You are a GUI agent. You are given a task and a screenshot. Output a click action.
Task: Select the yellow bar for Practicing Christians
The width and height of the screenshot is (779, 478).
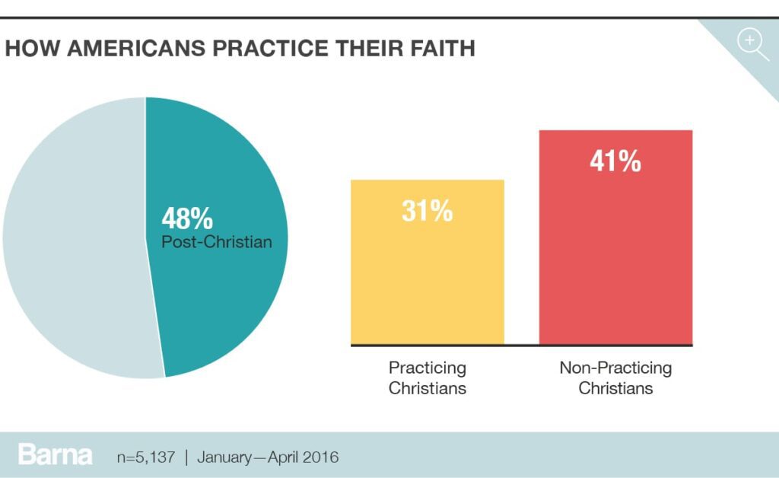(x=427, y=282)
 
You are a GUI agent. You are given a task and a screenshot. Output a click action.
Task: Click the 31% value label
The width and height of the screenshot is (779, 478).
(x=427, y=211)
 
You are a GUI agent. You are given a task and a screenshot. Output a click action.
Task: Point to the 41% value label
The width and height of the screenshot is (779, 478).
(x=615, y=161)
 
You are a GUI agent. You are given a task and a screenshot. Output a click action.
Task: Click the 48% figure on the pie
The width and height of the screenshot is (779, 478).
(x=187, y=219)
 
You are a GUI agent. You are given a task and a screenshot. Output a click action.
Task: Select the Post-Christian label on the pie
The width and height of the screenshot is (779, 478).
(x=216, y=243)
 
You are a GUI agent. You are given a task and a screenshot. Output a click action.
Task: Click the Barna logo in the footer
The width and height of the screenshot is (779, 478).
(x=56, y=456)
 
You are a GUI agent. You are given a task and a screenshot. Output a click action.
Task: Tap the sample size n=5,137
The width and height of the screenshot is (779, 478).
(x=145, y=457)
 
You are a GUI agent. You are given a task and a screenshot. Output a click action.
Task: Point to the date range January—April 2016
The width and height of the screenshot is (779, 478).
(x=268, y=457)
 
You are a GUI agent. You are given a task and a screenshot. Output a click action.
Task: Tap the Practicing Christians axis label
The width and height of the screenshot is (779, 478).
(x=427, y=378)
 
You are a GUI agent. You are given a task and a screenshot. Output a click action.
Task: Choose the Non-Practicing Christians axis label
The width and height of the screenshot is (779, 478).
(x=615, y=378)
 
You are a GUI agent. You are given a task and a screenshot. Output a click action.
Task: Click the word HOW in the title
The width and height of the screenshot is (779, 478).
(x=33, y=49)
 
